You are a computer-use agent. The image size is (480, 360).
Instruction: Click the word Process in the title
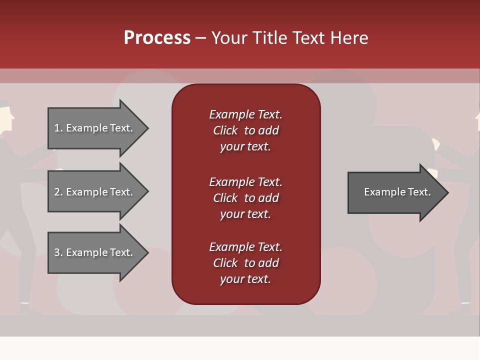[x=157, y=38]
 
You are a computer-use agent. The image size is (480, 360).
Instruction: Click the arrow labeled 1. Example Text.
[x=95, y=128]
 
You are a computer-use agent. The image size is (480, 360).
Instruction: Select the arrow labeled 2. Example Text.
[x=95, y=192]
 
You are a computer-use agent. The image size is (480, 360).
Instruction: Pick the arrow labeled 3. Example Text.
[x=95, y=252]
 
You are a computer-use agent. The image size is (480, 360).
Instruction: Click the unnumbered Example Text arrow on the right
[x=395, y=192]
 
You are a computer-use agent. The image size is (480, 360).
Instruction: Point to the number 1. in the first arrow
[x=58, y=128]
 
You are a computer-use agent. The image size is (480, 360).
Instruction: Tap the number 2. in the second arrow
[x=58, y=192]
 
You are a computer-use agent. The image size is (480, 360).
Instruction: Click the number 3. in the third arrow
[x=58, y=252]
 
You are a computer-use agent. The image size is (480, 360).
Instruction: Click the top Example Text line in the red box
[x=245, y=114]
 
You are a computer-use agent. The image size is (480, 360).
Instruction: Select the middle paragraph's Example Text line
[x=245, y=181]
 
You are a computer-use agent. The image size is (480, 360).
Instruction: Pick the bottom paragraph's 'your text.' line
[x=245, y=279]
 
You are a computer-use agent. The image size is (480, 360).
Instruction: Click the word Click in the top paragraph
[x=225, y=130]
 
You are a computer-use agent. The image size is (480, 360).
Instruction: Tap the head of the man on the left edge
[x=5, y=117]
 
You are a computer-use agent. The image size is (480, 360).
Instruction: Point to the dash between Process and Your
[x=201, y=38]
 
